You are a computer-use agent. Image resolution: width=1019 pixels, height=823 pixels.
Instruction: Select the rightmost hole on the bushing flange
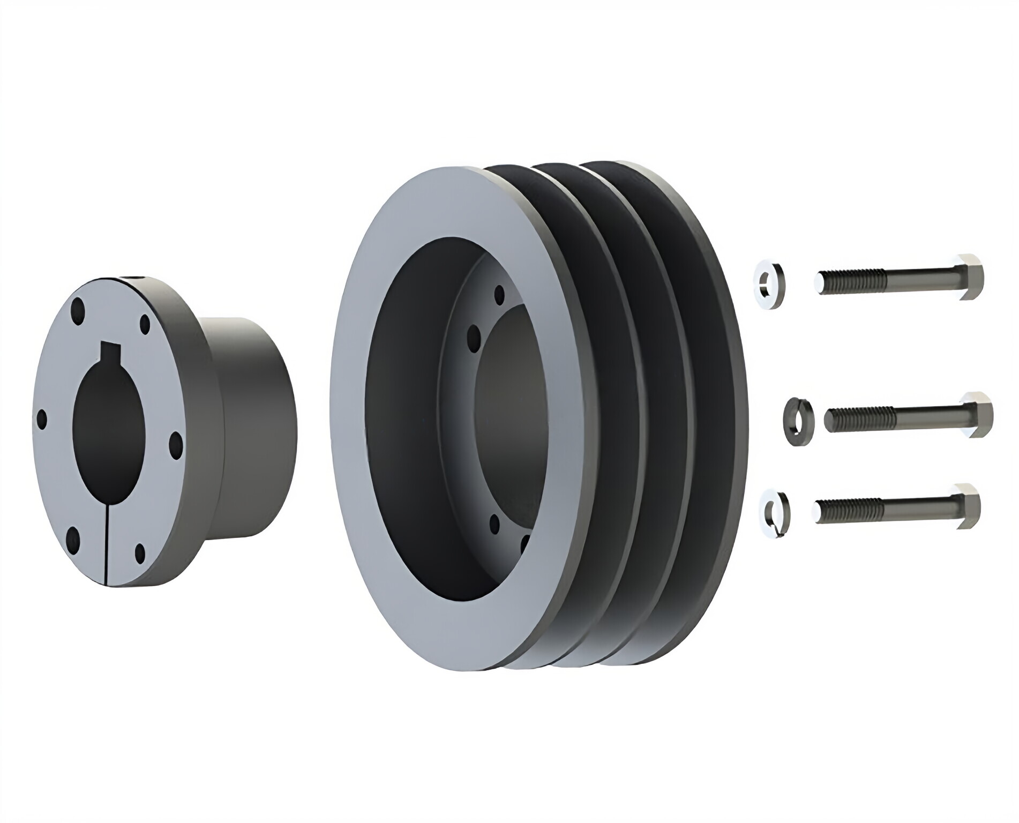point(174,442)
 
